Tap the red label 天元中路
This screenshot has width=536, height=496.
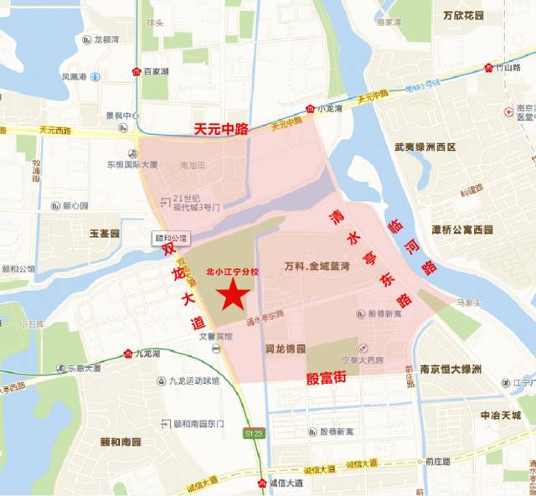click(222, 129)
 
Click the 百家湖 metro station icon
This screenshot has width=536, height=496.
click(137, 72)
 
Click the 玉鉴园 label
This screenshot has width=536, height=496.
click(106, 230)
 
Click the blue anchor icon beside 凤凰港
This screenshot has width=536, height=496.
click(95, 77)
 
